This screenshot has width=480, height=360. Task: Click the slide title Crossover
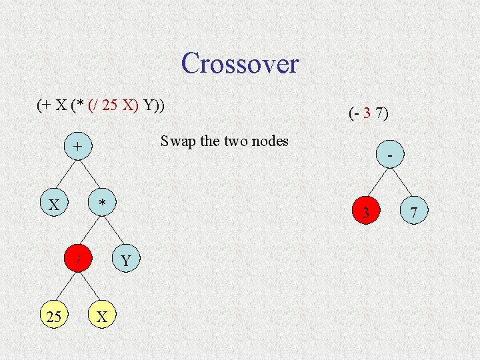point(239,64)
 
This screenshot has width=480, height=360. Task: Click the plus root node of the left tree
point(78,146)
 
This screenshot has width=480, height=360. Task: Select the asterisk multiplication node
point(102,203)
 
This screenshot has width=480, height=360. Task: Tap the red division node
point(78,260)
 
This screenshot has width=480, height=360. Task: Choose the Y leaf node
point(126,260)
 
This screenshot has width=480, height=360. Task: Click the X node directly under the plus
point(54,203)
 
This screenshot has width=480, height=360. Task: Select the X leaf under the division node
point(102,317)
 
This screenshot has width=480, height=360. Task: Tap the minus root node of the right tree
point(389,155)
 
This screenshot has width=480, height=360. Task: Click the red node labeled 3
point(365,213)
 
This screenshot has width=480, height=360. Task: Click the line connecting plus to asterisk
point(90,174)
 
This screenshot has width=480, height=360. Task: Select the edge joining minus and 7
point(401,184)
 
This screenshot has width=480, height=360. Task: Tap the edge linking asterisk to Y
point(114,231)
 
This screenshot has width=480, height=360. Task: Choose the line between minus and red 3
point(377,184)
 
